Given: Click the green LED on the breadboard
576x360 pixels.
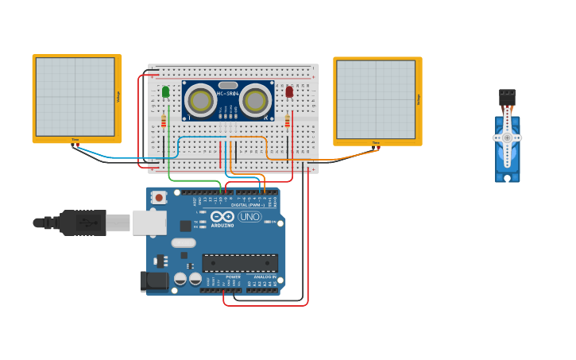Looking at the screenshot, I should [165, 92].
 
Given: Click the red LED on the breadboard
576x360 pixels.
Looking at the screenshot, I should [289, 92].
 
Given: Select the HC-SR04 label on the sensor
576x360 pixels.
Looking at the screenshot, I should [227, 94].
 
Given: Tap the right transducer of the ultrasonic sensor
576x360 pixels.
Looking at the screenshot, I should [255, 101].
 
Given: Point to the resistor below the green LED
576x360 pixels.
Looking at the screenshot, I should [164, 121].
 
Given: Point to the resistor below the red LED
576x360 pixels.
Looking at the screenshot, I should [288, 121].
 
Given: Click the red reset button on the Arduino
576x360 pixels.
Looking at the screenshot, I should [159, 197].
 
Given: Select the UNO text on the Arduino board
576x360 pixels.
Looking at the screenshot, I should [249, 216].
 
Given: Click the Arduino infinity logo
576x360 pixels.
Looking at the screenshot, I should [222, 217].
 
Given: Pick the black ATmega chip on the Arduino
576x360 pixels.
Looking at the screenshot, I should [240, 263].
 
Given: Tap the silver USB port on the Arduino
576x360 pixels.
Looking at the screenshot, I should [149, 223].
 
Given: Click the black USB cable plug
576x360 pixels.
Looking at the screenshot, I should [83, 223].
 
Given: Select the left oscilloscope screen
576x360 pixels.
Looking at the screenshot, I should [75, 97].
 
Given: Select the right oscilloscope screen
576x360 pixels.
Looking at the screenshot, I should [376, 99].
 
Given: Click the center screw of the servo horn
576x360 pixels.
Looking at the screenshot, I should [507, 137].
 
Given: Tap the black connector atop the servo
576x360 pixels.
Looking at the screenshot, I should [507, 96].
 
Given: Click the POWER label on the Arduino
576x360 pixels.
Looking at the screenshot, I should [222, 277].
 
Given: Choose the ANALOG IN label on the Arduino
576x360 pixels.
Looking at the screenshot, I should [264, 277].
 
